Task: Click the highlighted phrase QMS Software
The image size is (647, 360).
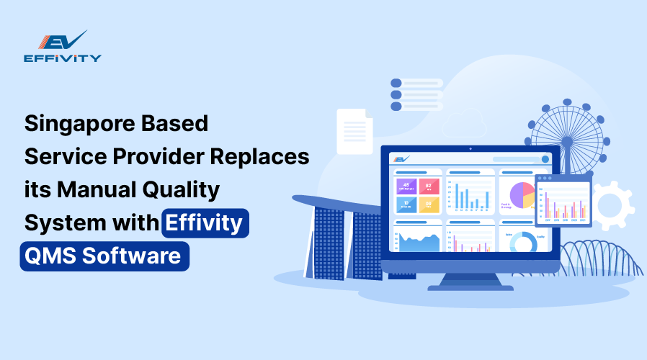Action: coord(104,256)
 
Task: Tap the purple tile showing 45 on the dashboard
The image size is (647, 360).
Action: coord(406,186)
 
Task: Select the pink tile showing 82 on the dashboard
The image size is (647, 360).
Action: coord(429,186)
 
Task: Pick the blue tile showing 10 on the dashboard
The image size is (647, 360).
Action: coord(406,203)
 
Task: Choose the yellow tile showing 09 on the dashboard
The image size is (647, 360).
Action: coord(429,203)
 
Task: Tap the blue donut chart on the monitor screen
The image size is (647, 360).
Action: coord(522,242)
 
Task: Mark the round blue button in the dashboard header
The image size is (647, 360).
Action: coord(545,158)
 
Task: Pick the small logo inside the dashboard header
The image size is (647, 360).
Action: coord(401,158)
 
